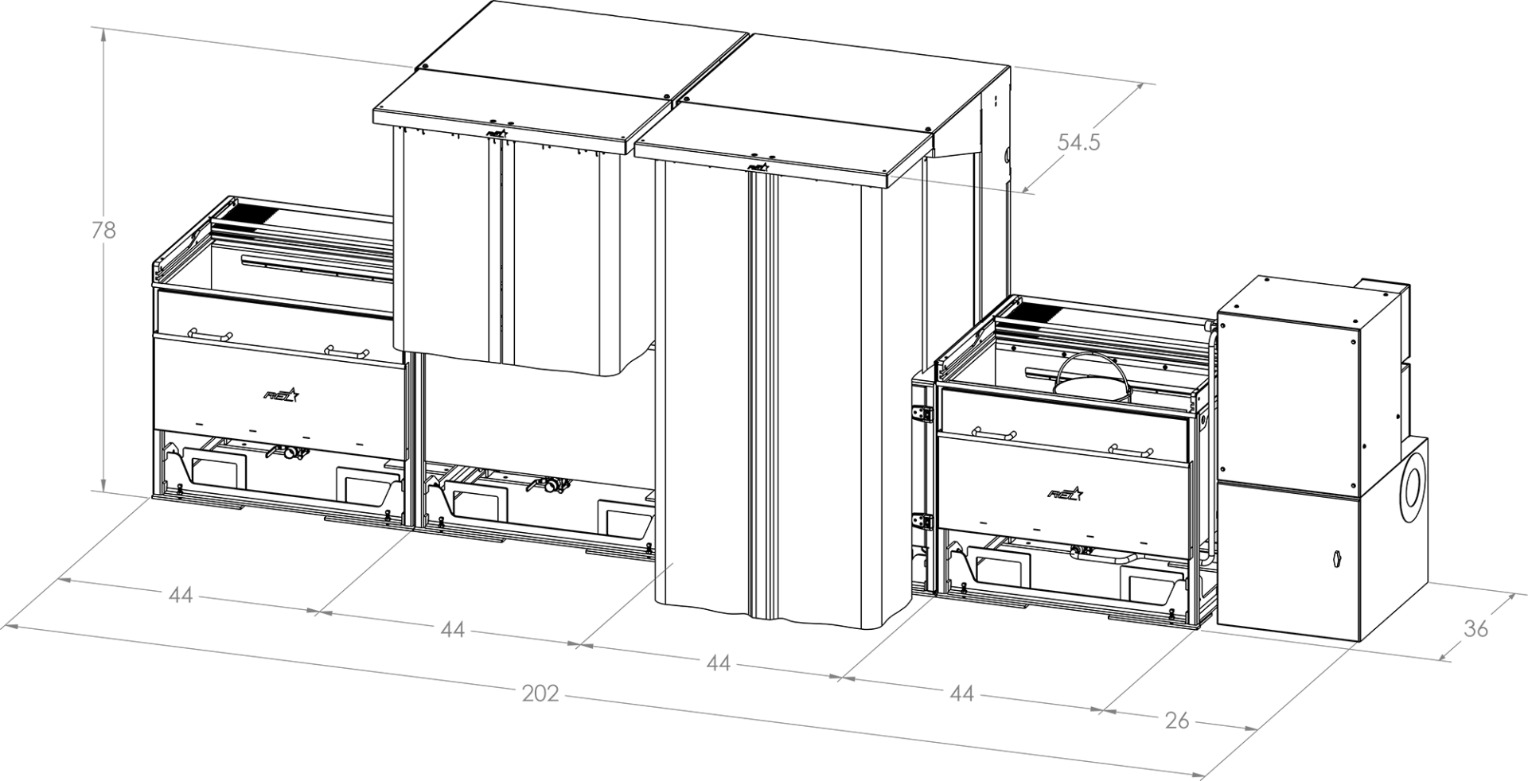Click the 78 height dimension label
(103, 231)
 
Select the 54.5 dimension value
(1078, 142)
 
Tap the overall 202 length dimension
(541, 694)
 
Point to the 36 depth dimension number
(1475, 628)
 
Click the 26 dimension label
(1176, 721)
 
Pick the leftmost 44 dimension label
(181, 595)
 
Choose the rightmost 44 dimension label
(961, 694)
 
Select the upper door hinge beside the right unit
(923, 414)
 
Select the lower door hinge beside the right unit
(923, 521)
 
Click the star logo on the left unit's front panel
(281, 394)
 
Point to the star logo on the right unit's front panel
(1066, 494)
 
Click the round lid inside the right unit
(1090, 386)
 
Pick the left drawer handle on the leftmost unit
(209, 333)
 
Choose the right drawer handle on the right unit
(1132, 450)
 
